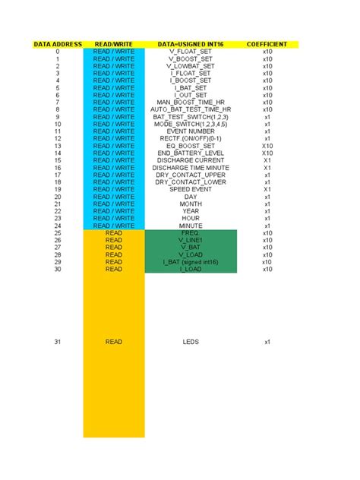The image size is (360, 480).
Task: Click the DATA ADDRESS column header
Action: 57,45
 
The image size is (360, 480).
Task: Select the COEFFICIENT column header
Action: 267,45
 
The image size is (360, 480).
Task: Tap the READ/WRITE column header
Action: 114,45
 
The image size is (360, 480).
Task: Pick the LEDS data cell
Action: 191,343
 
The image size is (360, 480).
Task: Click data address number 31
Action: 57,343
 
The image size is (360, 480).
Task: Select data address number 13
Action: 57,146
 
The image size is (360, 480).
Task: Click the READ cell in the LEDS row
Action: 114,343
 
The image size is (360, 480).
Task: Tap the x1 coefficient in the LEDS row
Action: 267,343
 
